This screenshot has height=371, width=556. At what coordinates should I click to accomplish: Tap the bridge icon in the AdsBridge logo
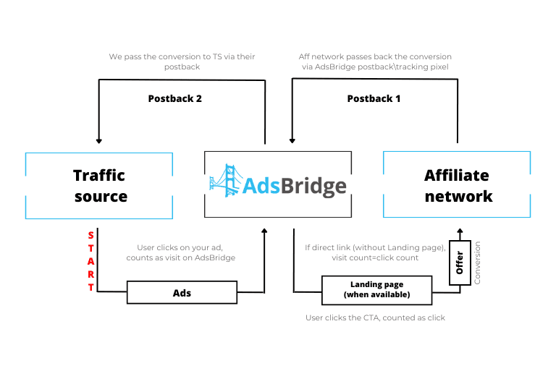[x=226, y=180]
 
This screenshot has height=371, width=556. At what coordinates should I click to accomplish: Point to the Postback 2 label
[x=174, y=98]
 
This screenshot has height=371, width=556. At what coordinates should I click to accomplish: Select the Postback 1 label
[x=374, y=98]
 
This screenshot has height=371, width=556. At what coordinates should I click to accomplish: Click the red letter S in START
[x=90, y=235]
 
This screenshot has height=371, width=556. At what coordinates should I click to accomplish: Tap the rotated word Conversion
[x=477, y=263]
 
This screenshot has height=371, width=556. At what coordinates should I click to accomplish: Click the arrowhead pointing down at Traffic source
[x=99, y=141]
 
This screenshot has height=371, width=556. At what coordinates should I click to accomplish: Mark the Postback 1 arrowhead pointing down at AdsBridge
[x=292, y=141]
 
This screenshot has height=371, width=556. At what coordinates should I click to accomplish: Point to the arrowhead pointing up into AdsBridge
[x=264, y=231]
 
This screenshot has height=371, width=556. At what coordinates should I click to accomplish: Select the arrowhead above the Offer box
[x=460, y=231]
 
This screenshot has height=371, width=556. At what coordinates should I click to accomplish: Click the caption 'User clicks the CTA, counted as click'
[x=375, y=318]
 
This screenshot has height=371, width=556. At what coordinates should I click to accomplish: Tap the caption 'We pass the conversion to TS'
[x=165, y=56]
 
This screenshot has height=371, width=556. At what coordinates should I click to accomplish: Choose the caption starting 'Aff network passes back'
[x=375, y=61]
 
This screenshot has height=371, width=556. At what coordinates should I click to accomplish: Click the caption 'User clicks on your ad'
[x=180, y=247]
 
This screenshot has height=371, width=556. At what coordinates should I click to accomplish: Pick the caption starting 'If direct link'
[x=375, y=252]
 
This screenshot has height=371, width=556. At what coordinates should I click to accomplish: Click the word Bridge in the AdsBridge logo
[x=313, y=186]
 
